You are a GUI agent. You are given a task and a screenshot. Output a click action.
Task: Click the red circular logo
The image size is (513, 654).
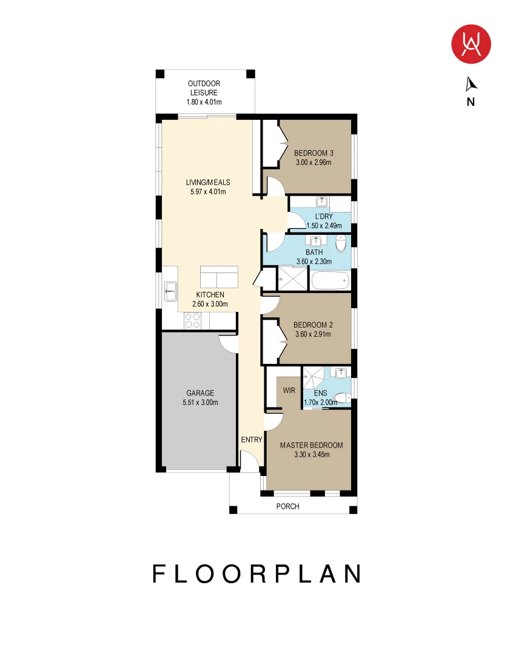471,44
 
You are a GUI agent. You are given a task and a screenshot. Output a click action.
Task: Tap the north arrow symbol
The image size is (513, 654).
471,84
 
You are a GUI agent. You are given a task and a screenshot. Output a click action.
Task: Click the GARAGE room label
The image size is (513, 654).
200,393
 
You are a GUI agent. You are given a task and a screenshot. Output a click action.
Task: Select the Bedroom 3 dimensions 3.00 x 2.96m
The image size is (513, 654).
313,163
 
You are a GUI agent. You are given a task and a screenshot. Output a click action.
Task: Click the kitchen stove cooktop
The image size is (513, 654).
192,321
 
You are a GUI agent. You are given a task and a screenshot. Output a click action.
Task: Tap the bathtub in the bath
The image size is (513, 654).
330,280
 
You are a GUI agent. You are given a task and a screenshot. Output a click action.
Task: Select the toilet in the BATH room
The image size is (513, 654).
341,243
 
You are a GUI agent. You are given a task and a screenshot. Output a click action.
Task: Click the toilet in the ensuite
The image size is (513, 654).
343,398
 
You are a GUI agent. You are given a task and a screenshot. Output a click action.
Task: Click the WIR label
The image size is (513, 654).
289,391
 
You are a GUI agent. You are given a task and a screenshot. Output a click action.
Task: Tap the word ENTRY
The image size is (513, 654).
252,440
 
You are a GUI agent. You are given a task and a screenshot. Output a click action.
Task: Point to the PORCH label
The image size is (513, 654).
288,506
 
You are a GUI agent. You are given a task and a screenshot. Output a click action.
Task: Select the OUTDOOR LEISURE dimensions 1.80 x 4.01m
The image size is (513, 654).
204,102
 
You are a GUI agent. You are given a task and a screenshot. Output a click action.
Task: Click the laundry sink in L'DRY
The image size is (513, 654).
321,202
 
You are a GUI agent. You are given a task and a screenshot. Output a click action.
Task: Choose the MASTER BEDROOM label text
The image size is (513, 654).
312,446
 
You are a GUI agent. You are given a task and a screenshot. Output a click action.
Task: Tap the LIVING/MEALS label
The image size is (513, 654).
208,182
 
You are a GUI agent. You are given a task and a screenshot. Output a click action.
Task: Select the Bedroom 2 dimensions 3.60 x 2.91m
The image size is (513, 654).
313,334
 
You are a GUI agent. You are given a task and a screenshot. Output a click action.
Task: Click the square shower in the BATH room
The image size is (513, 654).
292,278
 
